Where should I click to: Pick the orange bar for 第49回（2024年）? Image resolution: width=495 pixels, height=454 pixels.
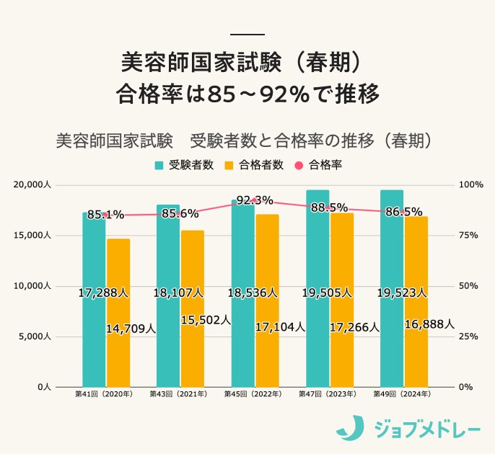click(x=416, y=353)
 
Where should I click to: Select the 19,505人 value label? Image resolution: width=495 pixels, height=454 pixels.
click(x=327, y=293)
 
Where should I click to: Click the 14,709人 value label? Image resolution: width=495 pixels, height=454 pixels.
click(x=131, y=329)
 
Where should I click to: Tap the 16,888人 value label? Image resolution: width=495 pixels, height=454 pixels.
click(x=429, y=324)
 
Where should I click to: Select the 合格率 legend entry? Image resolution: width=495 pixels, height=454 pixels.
click(x=318, y=164)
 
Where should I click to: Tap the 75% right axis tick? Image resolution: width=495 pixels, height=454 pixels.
click(x=468, y=236)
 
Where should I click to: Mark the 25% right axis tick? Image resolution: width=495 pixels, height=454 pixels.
click(x=468, y=337)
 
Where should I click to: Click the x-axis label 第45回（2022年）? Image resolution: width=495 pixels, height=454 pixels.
click(x=254, y=394)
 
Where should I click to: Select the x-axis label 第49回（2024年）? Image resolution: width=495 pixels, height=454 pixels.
click(x=403, y=394)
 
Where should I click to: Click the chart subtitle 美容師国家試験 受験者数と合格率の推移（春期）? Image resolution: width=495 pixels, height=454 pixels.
click(x=247, y=139)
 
